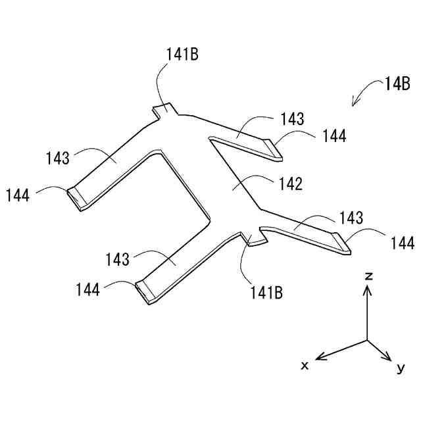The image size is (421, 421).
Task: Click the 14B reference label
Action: tap(397, 84)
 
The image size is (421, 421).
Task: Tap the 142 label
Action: tap(290, 184)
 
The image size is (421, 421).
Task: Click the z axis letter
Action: tap(369, 277)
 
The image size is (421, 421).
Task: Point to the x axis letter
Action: tap(305, 364)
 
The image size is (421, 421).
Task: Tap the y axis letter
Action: tap(400, 368)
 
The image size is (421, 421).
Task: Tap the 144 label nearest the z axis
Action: tap(402, 243)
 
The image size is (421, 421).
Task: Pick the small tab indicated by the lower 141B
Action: tap(255, 239)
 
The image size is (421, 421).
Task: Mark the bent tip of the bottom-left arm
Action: tap(144, 293)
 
